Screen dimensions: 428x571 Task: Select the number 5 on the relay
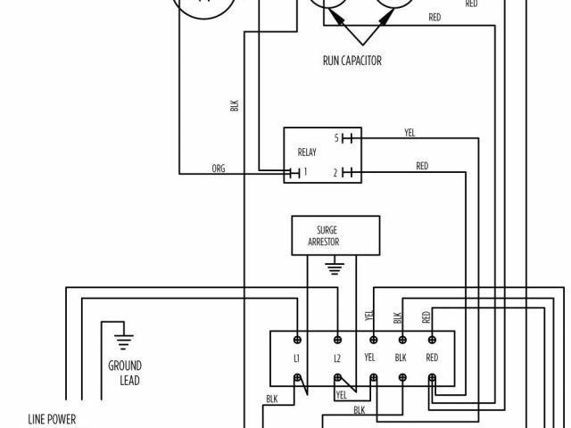click(336, 138)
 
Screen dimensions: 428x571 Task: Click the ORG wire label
click(218, 167)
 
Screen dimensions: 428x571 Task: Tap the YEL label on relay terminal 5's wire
click(410, 133)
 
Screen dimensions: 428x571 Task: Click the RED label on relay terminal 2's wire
click(421, 165)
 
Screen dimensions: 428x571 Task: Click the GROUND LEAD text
click(124, 373)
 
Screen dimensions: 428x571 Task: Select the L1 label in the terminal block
click(296, 358)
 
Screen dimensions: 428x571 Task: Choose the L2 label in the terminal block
click(337, 358)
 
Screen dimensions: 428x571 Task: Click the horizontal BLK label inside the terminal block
click(401, 358)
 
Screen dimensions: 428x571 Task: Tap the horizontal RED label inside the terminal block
click(433, 358)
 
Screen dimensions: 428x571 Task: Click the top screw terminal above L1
click(296, 340)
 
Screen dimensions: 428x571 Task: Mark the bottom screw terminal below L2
click(338, 377)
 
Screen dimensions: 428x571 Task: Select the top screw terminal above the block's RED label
click(433, 340)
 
